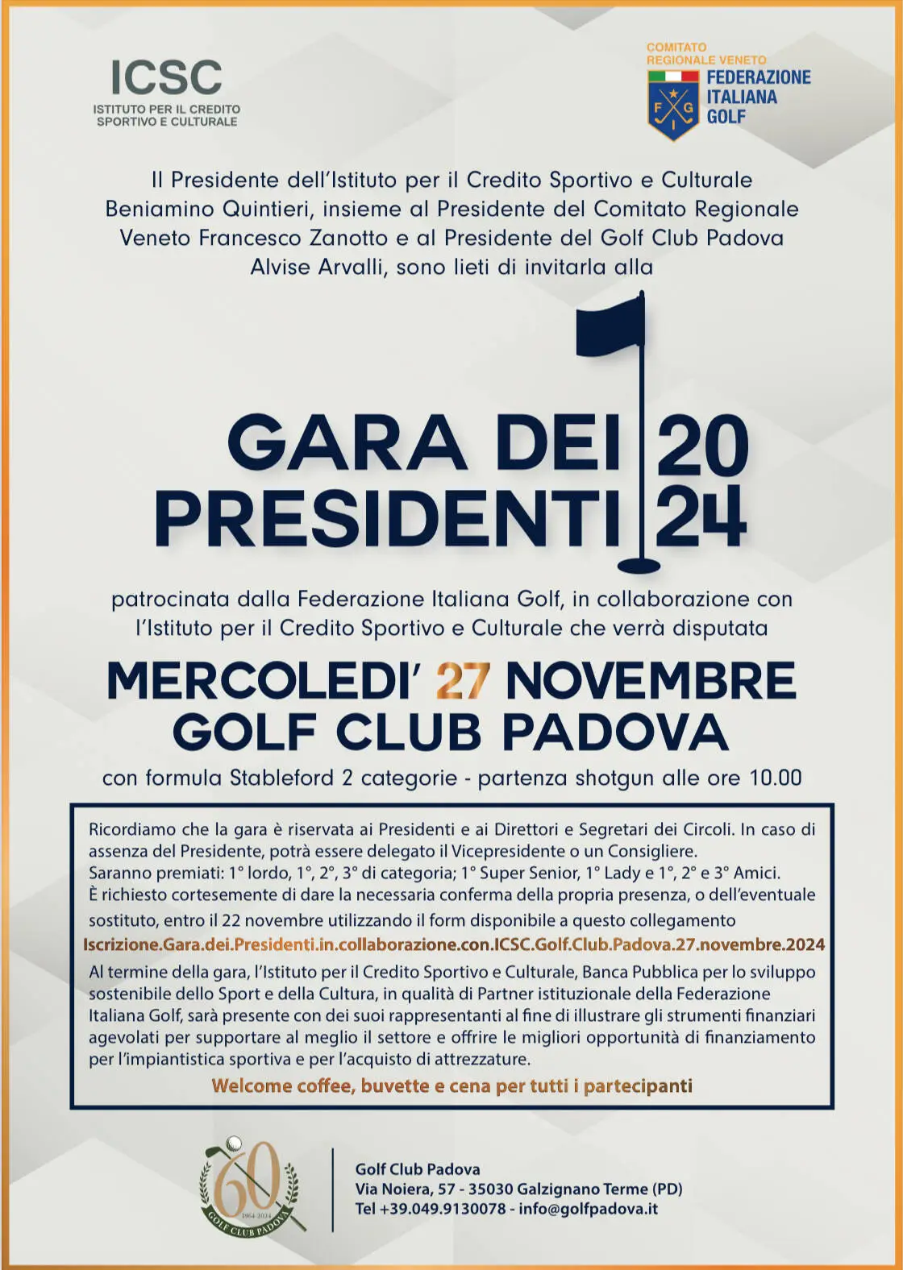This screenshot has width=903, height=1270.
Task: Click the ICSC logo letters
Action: click(166, 78)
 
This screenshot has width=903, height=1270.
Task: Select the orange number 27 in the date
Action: click(463, 682)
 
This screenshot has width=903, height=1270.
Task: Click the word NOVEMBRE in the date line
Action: click(650, 682)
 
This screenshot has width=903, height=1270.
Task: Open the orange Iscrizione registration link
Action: click(454, 944)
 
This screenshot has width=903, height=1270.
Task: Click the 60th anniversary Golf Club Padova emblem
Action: click(252, 1188)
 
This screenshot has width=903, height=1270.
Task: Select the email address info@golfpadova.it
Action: click(589, 1209)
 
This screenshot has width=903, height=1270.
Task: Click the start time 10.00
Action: click(776, 778)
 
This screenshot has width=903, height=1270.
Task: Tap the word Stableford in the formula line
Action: click(281, 778)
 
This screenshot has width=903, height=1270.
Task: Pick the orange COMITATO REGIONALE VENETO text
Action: click(705, 54)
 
